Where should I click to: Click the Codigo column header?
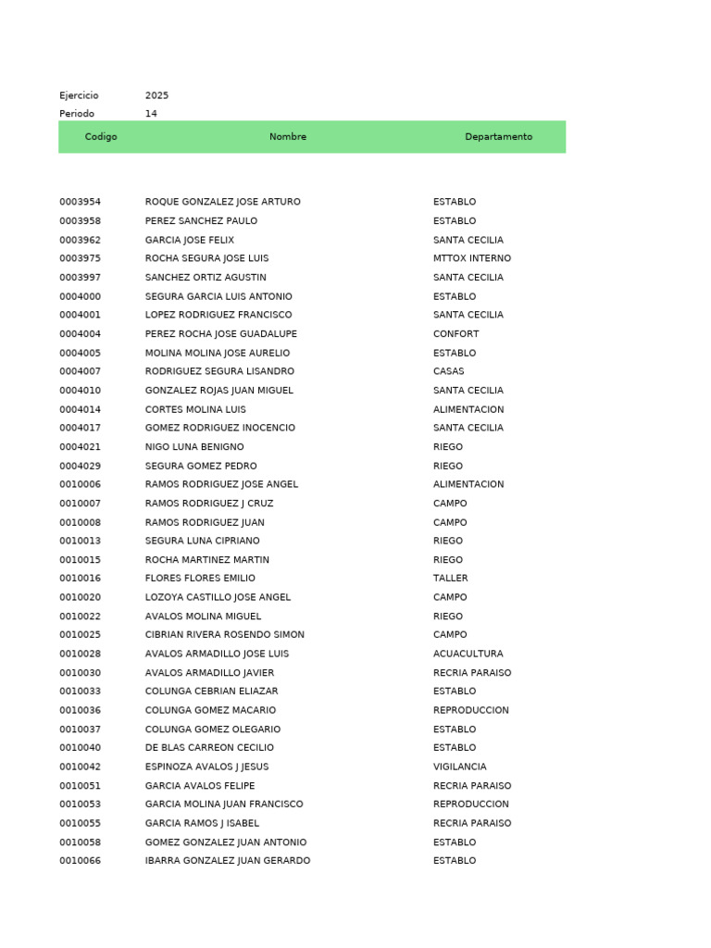pos(101,137)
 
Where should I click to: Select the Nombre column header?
pos(288,137)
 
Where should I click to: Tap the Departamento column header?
pos(498,137)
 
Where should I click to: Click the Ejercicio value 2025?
pos(156,95)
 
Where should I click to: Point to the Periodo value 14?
pos(151,114)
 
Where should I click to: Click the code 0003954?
pos(81,202)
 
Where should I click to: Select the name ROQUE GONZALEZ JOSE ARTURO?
pos(222,202)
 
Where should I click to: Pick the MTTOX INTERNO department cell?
pos(471,258)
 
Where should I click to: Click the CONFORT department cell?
pos(455,334)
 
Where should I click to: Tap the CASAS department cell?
pos(448,371)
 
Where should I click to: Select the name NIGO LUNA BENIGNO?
pos(194,447)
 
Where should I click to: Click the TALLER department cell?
pos(450,579)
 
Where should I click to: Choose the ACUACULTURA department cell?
pos(468,654)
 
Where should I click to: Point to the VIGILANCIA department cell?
pos(459,767)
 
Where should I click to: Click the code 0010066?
pos(81,861)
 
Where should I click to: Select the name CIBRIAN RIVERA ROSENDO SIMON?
pos(224,635)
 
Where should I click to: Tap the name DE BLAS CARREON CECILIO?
pos(209,748)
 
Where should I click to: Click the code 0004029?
pos(81,466)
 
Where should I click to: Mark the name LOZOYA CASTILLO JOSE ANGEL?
pos(218,597)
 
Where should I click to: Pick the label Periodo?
pos(77,114)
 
